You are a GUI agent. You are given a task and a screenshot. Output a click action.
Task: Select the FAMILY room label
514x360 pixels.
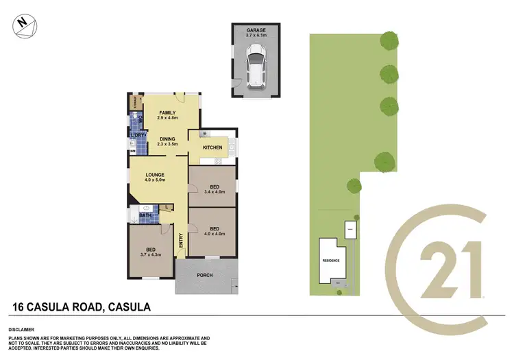click(x=167, y=113)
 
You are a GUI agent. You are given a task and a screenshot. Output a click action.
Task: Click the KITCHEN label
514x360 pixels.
click(x=212, y=148)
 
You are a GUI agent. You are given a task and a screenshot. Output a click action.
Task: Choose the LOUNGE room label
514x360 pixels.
click(x=154, y=176)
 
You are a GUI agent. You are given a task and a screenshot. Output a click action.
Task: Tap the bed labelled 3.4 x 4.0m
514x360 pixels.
click(x=214, y=187)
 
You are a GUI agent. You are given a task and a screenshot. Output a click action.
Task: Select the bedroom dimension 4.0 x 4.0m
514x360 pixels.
click(x=215, y=233)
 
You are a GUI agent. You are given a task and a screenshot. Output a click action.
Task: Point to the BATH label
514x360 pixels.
click(x=145, y=216)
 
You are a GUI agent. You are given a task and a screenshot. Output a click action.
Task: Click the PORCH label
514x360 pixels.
click(x=204, y=276)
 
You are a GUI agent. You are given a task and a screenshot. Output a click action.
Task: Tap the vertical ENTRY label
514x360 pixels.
click(x=182, y=241)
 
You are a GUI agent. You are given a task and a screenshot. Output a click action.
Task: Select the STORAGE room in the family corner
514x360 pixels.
click(x=134, y=104)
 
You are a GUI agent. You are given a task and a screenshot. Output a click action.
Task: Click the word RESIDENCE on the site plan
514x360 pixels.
click(x=332, y=261)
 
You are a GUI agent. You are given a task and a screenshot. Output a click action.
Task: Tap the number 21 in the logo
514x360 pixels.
click(x=449, y=264)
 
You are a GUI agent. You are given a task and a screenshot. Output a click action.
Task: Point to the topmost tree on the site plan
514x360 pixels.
click(x=390, y=41)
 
